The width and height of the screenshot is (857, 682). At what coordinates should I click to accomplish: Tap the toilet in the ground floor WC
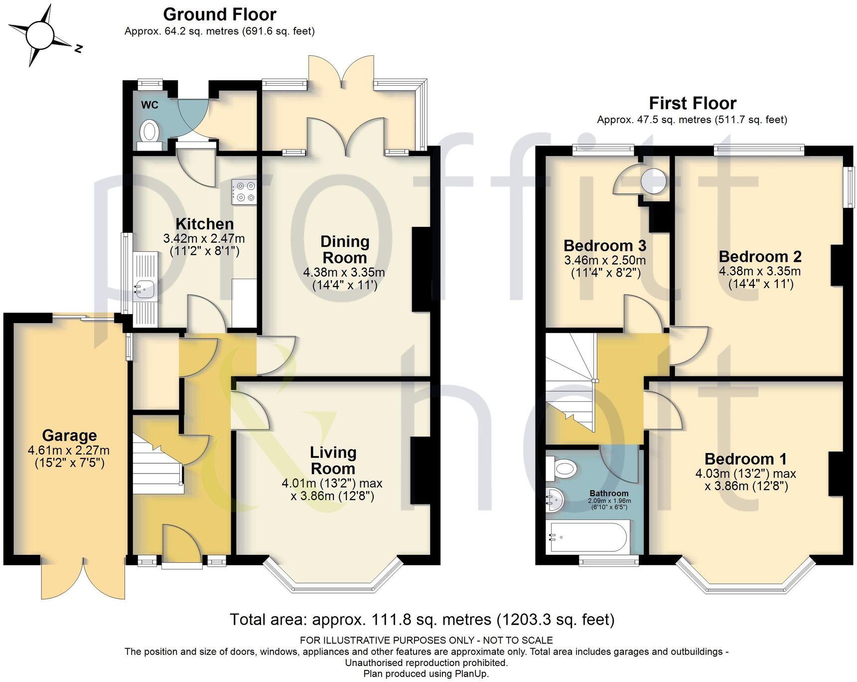[x=149, y=132]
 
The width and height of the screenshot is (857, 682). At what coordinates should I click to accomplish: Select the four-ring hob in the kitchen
[x=244, y=191]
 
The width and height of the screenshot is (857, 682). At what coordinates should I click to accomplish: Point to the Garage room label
[x=69, y=435]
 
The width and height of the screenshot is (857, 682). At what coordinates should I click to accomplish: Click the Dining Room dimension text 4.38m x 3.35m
[x=344, y=273]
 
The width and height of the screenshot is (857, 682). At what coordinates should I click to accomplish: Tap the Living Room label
[x=332, y=460]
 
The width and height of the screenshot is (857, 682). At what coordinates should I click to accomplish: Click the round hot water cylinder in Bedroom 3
[x=653, y=181]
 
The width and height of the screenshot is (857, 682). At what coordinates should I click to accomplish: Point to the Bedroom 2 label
[x=760, y=256]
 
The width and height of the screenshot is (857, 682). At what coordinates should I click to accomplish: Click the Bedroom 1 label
[x=745, y=459]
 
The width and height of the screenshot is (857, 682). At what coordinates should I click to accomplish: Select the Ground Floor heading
[x=219, y=14]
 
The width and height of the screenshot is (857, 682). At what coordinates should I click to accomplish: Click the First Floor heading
[x=692, y=103]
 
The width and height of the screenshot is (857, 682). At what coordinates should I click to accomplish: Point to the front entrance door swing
[x=181, y=543]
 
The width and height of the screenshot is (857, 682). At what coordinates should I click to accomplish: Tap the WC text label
[x=149, y=105]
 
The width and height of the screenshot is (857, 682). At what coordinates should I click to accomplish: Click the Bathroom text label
[x=609, y=493]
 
